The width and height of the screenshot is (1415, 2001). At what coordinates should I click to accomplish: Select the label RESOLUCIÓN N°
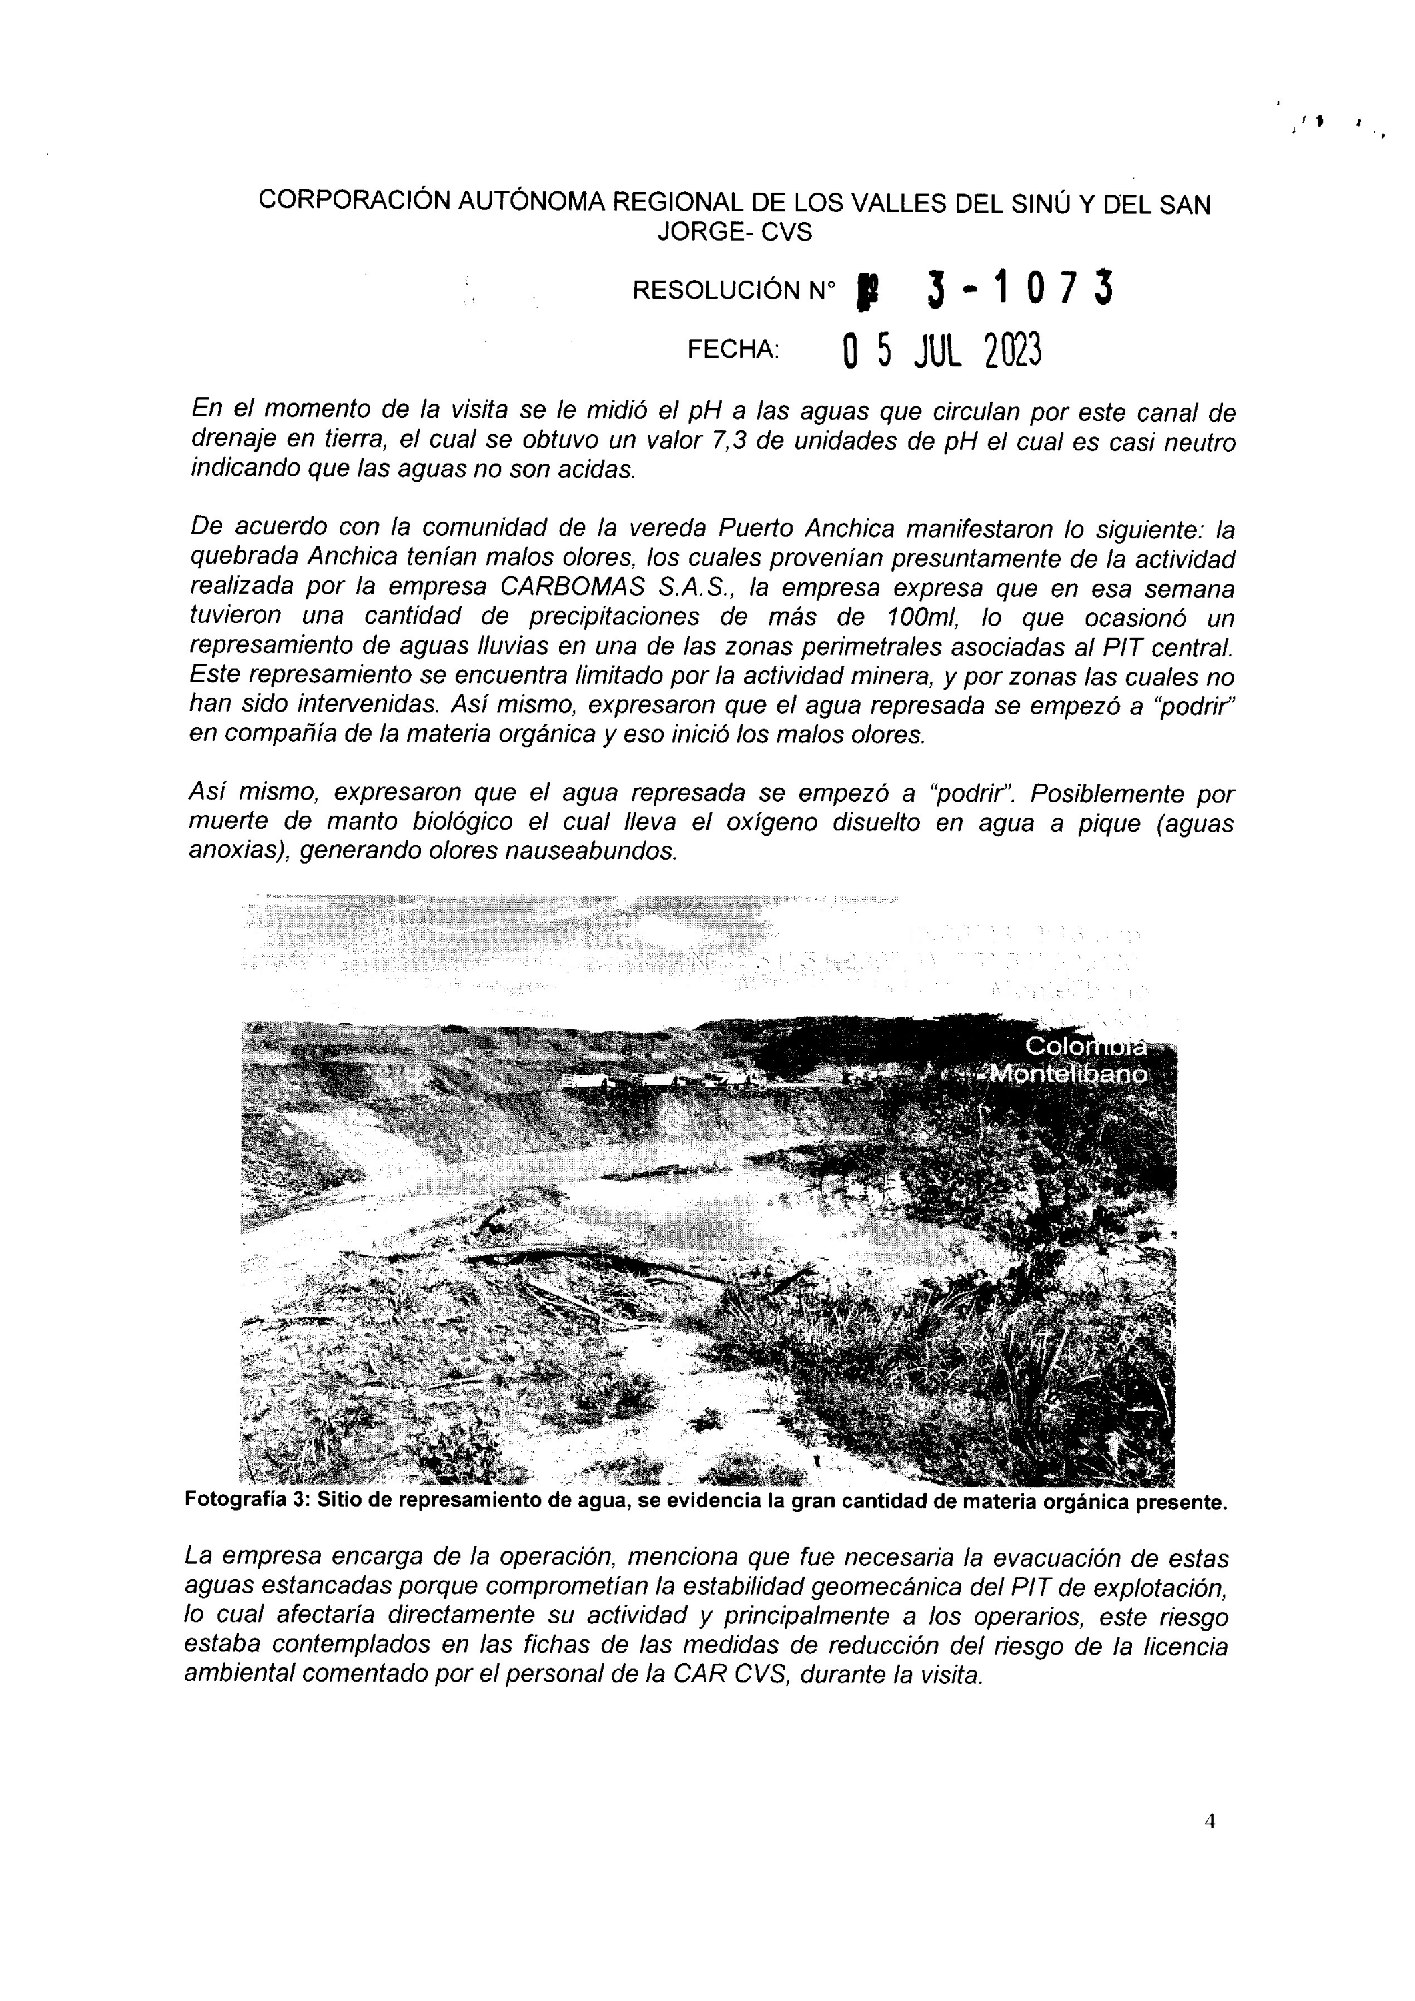pyautogui.click(x=733, y=290)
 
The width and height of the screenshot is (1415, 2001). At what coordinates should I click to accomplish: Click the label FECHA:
pyautogui.click(x=733, y=350)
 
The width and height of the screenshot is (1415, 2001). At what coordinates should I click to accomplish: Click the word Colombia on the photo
pyautogui.click(x=1085, y=1046)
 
